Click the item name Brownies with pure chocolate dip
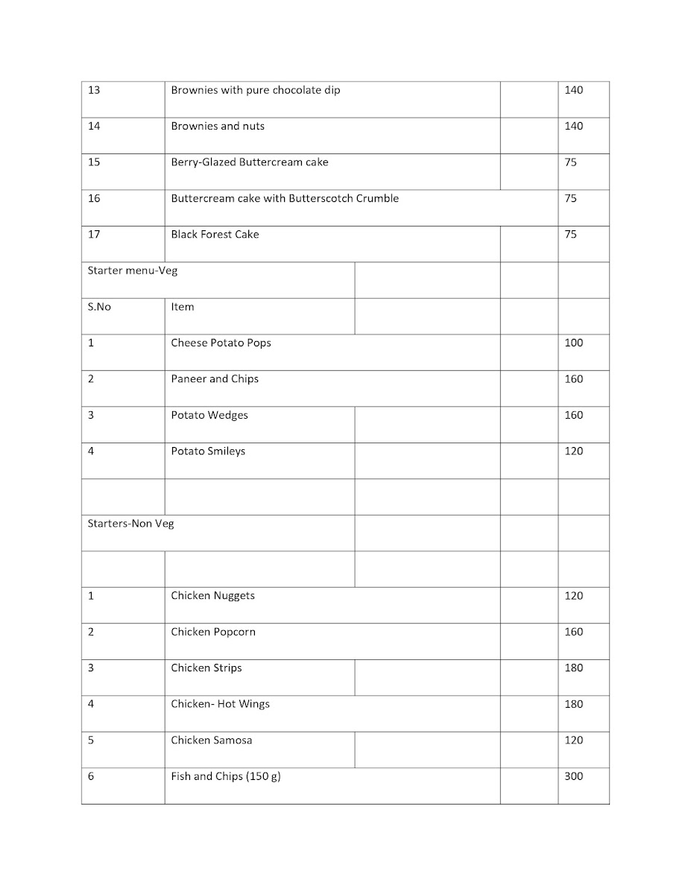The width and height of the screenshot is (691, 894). click(256, 91)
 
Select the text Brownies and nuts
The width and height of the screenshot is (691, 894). click(218, 127)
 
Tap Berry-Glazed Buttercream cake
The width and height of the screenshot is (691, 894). click(250, 162)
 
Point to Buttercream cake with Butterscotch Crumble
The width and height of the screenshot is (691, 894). click(285, 199)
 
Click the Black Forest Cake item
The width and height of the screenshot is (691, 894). click(215, 235)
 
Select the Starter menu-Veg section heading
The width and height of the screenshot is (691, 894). click(133, 271)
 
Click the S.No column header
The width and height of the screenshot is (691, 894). click(99, 307)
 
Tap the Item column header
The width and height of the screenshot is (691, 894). click(183, 307)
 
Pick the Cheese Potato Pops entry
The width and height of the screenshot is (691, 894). click(221, 343)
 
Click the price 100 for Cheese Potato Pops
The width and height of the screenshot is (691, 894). click(573, 343)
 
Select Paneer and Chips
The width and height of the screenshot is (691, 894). click(215, 379)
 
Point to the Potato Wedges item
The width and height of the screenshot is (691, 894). click(209, 416)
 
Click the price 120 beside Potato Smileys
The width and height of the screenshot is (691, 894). click(573, 451)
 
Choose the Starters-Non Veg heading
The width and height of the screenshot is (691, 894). click(131, 524)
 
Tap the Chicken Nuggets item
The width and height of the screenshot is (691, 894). click(212, 596)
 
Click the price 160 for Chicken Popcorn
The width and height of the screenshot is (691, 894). click(573, 633)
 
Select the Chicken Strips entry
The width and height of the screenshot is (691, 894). click(206, 668)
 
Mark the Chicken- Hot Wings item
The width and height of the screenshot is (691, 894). click(221, 704)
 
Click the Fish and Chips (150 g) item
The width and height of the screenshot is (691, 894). click(226, 777)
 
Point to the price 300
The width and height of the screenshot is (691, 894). click(573, 777)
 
